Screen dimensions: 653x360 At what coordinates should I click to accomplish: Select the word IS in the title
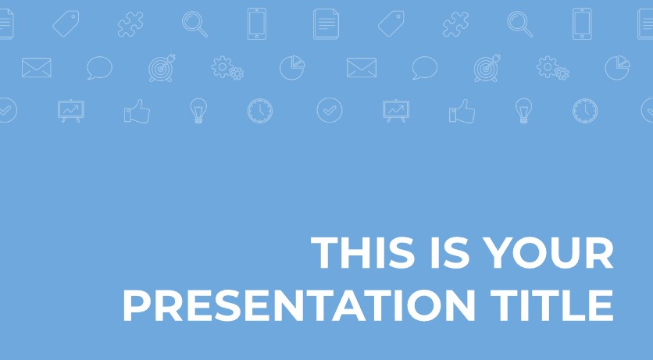point(450,252)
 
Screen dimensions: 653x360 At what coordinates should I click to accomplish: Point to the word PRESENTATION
point(299,305)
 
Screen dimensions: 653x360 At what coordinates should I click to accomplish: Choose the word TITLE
point(551,305)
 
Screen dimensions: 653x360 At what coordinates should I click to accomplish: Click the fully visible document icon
point(326,24)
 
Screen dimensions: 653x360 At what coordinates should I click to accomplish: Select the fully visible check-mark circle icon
point(330,110)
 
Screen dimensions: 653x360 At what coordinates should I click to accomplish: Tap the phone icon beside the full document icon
point(257,24)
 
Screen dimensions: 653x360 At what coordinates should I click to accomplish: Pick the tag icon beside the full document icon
point(391,23)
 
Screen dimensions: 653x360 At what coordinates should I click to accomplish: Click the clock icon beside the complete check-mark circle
point(260,111)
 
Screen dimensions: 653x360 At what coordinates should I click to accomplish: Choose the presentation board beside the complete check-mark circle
point(396,111)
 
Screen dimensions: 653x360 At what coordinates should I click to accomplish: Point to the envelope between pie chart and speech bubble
point(362,67)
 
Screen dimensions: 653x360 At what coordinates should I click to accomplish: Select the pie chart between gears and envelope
point(292,67)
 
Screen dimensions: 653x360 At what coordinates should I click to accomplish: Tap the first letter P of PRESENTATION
point(136,305)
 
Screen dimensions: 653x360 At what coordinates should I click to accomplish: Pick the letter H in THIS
point(355,252)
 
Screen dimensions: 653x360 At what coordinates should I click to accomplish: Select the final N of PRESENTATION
point(460,305)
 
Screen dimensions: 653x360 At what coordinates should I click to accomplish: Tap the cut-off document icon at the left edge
point(7,24)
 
